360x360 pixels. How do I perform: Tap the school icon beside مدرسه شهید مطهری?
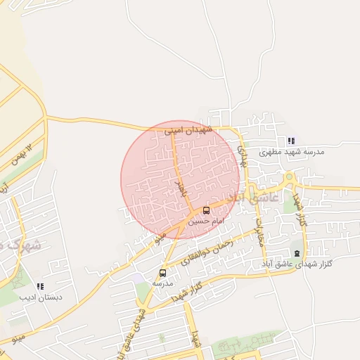point(292,141)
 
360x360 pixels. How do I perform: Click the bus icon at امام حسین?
point(206,210)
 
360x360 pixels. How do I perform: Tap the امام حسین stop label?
point(203,221)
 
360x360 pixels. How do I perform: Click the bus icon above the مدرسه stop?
point(163,273)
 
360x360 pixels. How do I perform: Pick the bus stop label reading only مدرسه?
point(162,283)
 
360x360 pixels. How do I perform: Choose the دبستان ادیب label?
point(43,297)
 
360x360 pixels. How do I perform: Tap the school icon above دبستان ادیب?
point(40,286)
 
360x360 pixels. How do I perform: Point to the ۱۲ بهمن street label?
point(21,154)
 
